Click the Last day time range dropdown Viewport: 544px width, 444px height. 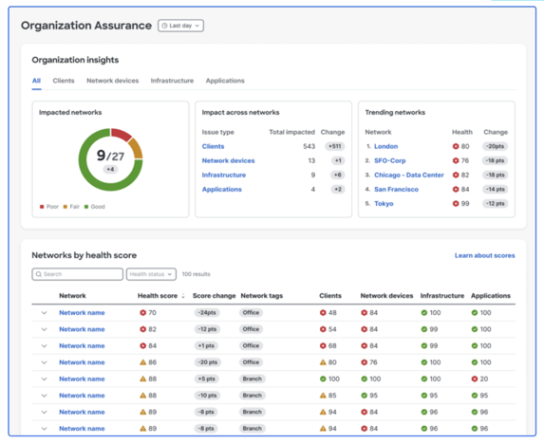(x=180, y=26)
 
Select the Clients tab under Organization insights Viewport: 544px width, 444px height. (x=64, y=81)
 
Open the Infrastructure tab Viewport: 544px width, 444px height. (x=172, y=81)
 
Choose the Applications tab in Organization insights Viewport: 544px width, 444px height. (x=225, y=81)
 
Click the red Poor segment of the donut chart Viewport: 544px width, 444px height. (x=122, y=134)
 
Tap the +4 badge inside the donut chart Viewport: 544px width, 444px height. (x=110, y=170)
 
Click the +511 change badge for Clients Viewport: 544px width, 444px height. (x=334, y=147)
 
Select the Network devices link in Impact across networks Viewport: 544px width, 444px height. (x=228, y=161)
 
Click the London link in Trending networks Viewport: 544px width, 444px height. (x=385, y=147)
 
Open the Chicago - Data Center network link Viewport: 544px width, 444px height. (x=408, y=176)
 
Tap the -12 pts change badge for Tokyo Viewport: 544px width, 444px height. (x=495, y=204)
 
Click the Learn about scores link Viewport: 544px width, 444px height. (x=484, y=255)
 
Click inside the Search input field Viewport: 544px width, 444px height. (x=77, y=274)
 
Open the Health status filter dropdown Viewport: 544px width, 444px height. (x=151, y=274)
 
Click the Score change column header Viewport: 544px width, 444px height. (x=214, y=296)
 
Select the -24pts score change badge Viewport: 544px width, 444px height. (x=206, y=313)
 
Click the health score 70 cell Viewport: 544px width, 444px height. (x=149, y=313)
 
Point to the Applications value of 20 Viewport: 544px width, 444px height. (x=480, y=379)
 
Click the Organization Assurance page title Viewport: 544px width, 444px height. (x=85, y=26)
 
